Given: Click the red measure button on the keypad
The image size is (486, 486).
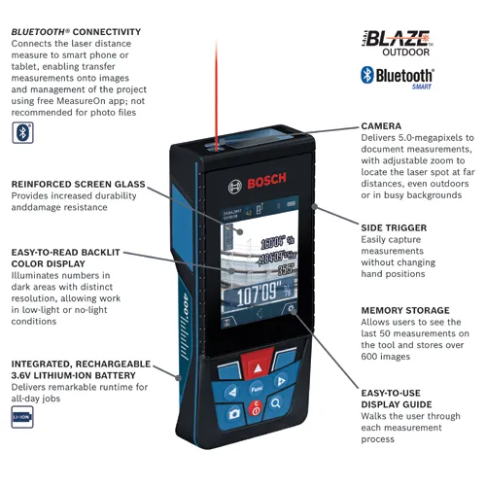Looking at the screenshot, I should [257, 366].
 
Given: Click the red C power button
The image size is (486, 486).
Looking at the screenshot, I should [255, 411].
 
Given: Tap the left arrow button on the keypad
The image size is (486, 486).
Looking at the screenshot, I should [231, 392].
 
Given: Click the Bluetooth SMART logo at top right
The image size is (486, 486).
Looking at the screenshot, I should [398, 77].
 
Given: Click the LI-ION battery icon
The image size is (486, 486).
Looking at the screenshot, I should [21, 418].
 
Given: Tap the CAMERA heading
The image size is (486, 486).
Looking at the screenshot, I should [381, 126].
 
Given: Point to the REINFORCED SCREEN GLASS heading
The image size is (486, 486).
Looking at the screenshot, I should [79, 183].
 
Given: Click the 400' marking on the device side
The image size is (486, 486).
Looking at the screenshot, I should [184, 313].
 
